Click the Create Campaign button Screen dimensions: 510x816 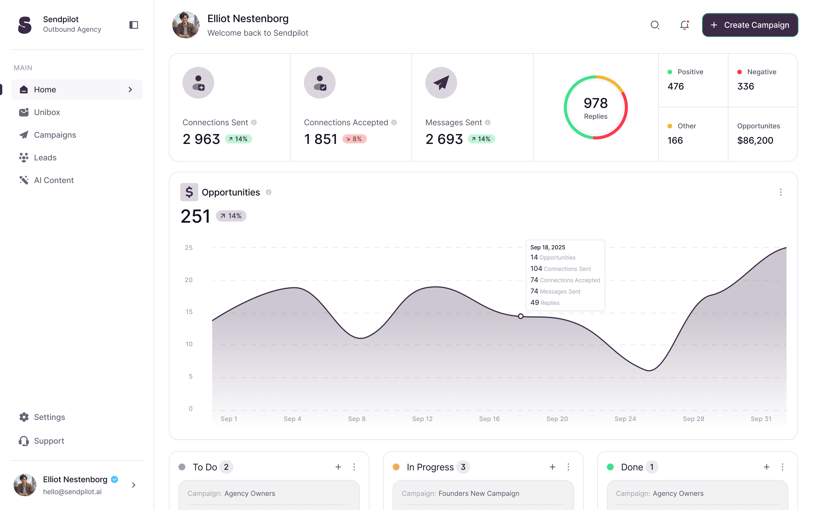(x=750, y=25)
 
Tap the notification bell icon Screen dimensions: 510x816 (x=684, y=25)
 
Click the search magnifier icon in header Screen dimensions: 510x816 (x=654, y=25)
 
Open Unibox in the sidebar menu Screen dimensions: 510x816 (x=47, y=112)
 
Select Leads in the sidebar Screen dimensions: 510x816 (x=45, y=158)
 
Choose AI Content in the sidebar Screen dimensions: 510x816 (x=54, y=180)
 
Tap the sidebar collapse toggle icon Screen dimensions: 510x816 (x=133, y=25)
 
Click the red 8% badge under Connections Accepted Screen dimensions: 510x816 (x=354, y=139)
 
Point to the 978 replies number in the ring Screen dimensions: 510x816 (x=596, y=103)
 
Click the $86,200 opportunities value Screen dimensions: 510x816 (x=755, y=140)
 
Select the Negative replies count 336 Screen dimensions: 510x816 (x=745, y=86)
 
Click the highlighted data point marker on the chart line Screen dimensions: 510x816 (x=520, y=316)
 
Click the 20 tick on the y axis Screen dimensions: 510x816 (x=188, y=280)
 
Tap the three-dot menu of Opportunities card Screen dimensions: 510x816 (x=781, y=192)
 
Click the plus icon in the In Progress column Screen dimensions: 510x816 (x=552, y=467)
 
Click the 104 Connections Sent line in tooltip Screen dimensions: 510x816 (x=560, y=269)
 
